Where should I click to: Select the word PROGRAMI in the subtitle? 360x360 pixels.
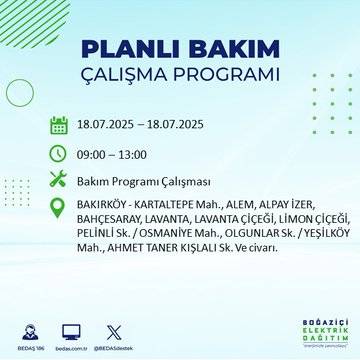point(232,76)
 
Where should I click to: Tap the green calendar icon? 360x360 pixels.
point(59,126)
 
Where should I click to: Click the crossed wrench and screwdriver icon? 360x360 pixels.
point(59,180)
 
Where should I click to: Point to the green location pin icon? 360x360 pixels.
point(59,208)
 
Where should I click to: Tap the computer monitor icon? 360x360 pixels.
point(71,331)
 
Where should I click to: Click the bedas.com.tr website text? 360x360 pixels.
point(71,347)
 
